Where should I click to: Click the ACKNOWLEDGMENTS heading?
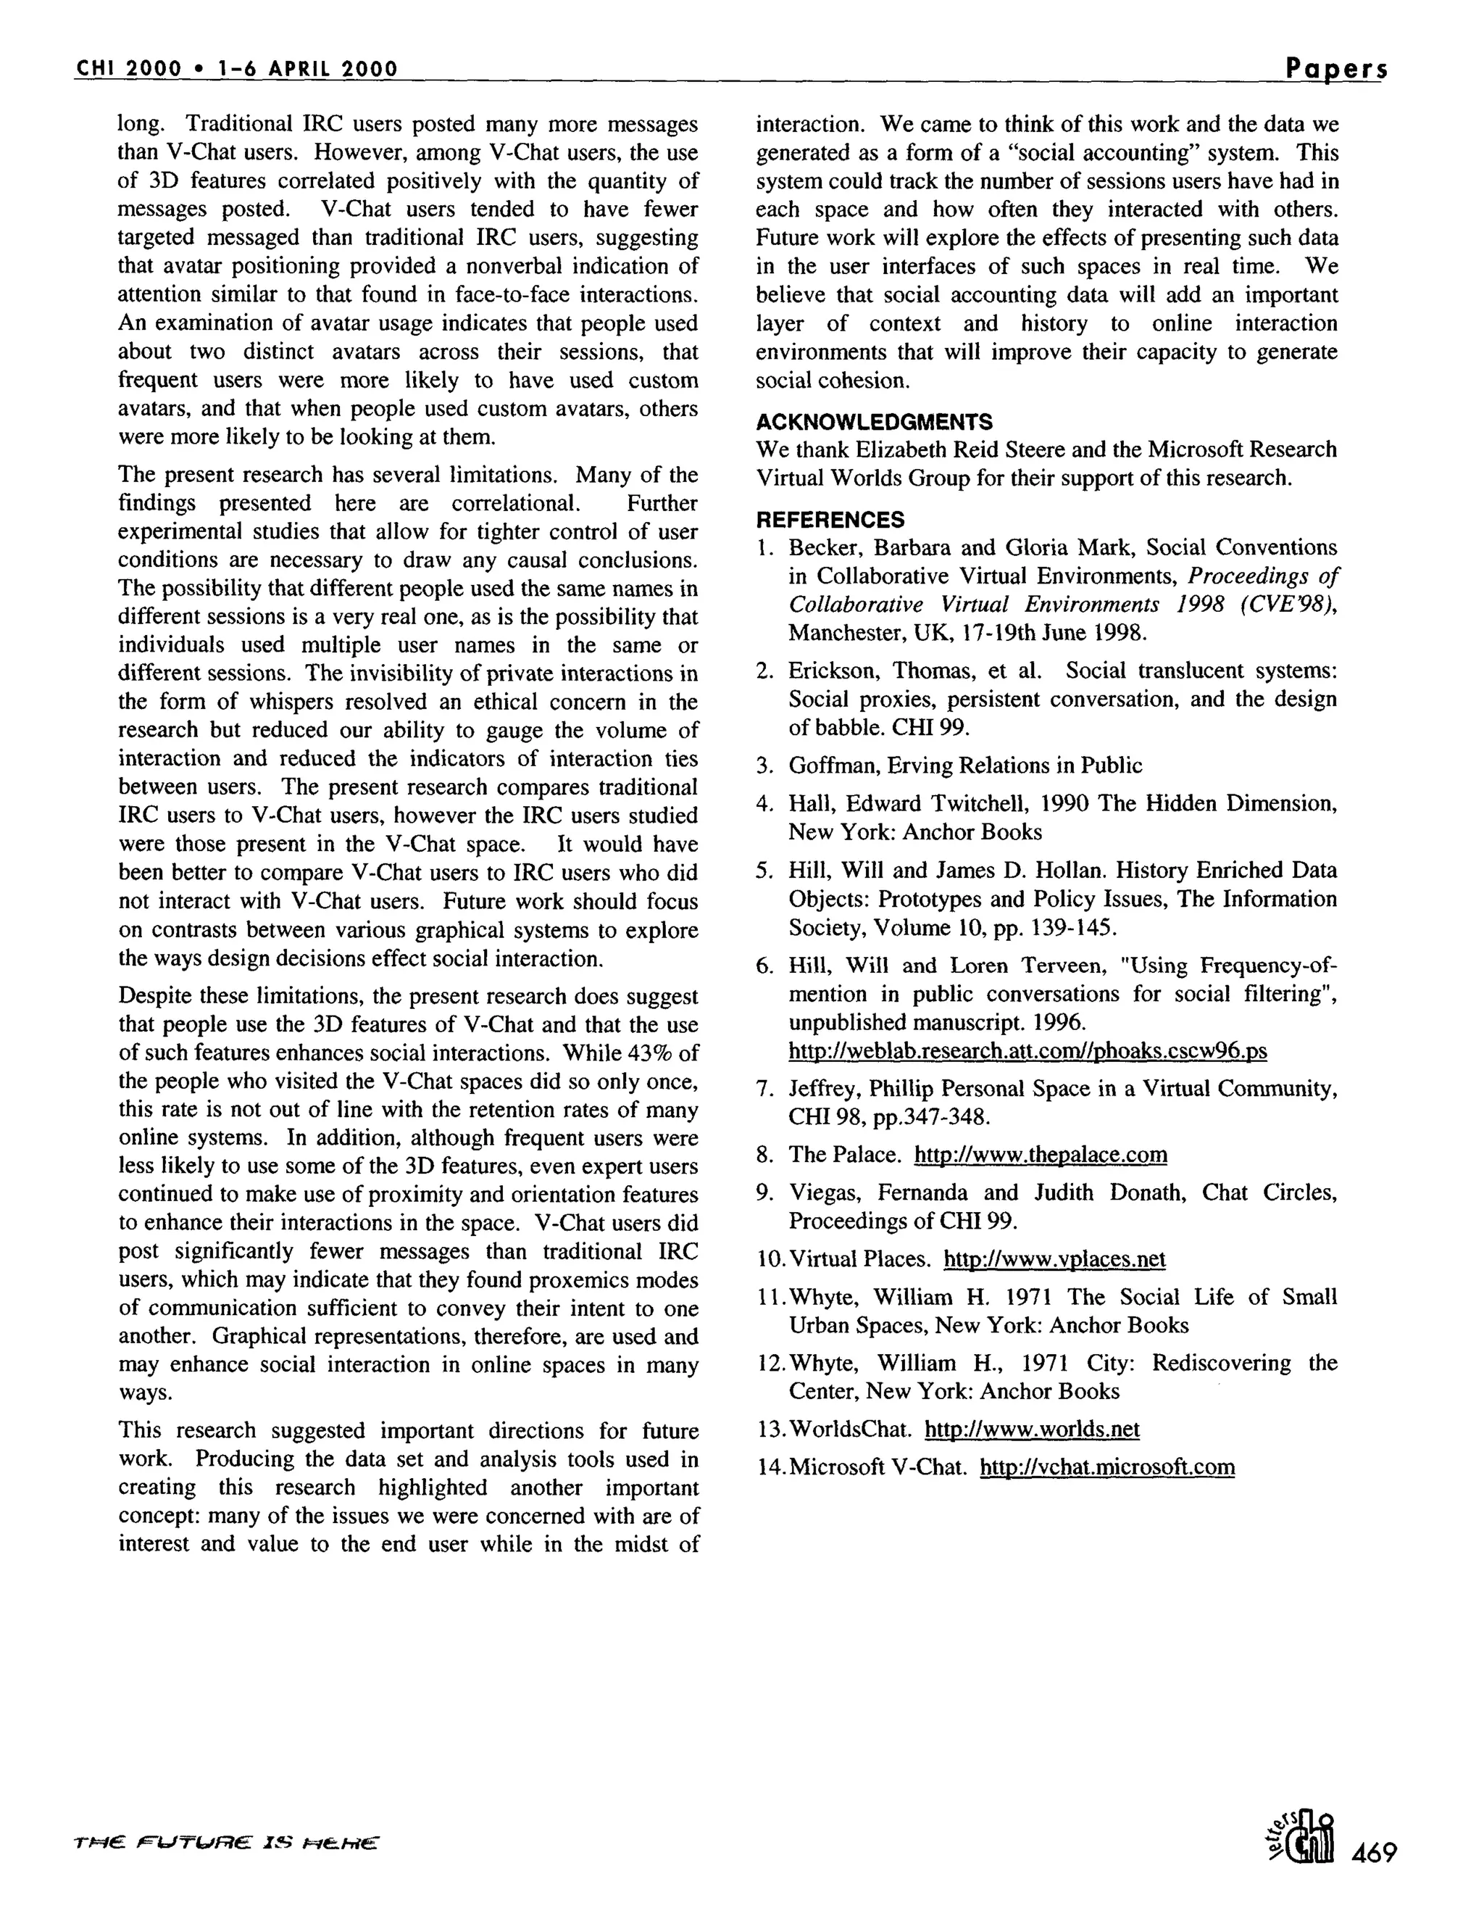[x=874, y=421]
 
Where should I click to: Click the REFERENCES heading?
[x=830, y=519]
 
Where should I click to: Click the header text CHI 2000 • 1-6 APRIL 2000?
[x=236, y=69]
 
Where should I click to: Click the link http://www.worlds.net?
[x=1031, y=1430]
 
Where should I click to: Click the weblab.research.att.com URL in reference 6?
[x=1027, y=1051]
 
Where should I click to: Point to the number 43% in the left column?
[x=651, y=1053]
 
